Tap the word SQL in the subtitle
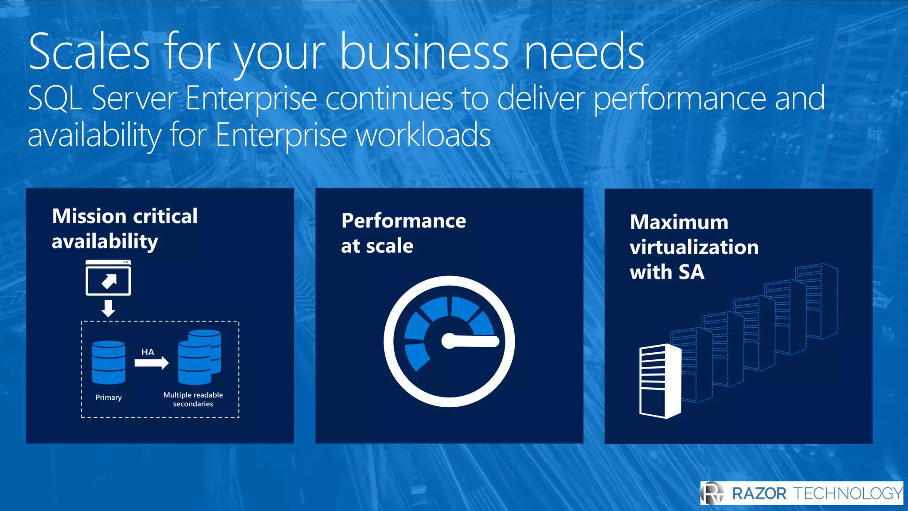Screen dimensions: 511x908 (x=55, y=98)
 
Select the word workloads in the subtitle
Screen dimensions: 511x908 (x=423, y=135)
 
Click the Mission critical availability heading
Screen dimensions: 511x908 (x=125, y=229)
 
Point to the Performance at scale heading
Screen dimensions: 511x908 (x=403, y=233)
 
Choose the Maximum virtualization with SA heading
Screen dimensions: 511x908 (x=694, y=247)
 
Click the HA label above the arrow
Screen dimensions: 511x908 (x=148, y=352)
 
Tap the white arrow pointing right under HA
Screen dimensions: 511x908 (x=152, y=363)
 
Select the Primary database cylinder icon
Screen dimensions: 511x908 (x=109, y=362)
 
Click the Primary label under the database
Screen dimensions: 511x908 (x=109, y=397)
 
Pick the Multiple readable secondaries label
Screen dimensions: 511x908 (x=193, y=399)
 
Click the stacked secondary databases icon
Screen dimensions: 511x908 (x=199, y=357)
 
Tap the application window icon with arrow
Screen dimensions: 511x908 (x=108, y=278)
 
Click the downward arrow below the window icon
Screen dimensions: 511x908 (x=108, y=308)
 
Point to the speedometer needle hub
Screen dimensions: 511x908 (x=449, y=341)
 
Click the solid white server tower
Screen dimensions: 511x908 (x=660, y=381)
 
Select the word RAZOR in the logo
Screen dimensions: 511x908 (x=759, y=494)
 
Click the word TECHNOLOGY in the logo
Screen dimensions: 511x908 (x=847, y=494)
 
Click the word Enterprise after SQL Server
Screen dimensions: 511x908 (x=251, y=98)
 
